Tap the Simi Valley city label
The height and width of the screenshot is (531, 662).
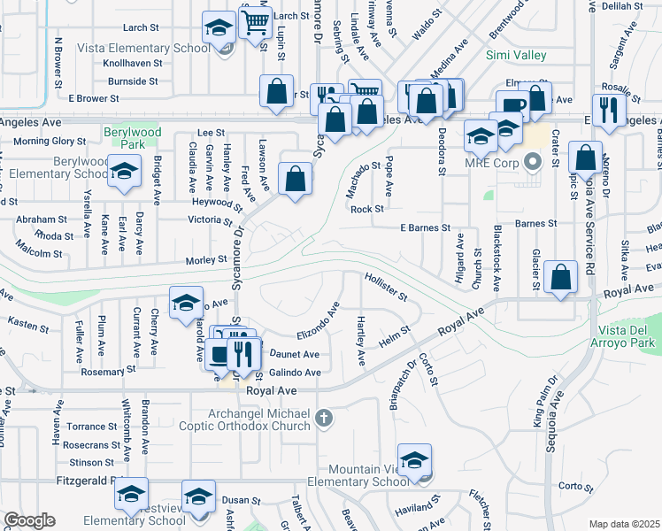(x=517, y=55)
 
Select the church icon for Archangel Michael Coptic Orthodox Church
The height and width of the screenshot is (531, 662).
(x=324, y=417)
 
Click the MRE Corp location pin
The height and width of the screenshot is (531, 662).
(x=532, y=162)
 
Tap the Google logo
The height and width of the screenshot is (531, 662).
(x=29, y=520)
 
